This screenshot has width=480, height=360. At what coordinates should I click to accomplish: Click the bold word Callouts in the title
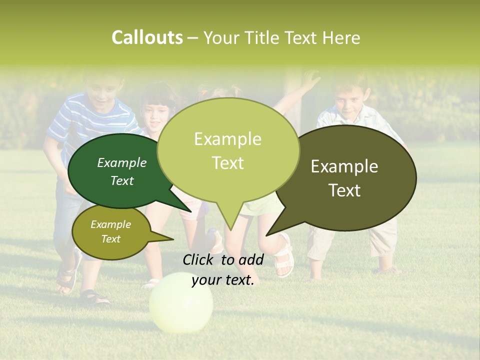click(147, 37)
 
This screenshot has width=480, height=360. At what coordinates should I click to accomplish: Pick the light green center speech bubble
click(228, 150)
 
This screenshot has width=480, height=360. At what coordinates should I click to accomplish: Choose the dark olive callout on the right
click(350, 177)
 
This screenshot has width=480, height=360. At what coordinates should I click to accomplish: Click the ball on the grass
click(181, 302)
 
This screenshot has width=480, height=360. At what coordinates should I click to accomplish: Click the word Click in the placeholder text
click(199, 259)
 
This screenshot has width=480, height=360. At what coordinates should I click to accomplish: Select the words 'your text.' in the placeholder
click(223, 280)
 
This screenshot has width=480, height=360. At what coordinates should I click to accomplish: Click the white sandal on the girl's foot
click(284, 257)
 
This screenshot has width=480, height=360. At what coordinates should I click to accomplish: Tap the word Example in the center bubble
click(228, 139)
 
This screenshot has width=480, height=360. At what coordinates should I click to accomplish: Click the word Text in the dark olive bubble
click(345, 190)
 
